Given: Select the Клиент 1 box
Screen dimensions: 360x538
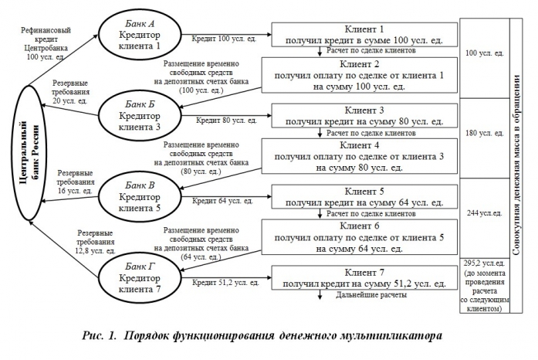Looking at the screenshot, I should pos(363,33).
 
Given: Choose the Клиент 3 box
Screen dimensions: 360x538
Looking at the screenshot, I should pos(363,116).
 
